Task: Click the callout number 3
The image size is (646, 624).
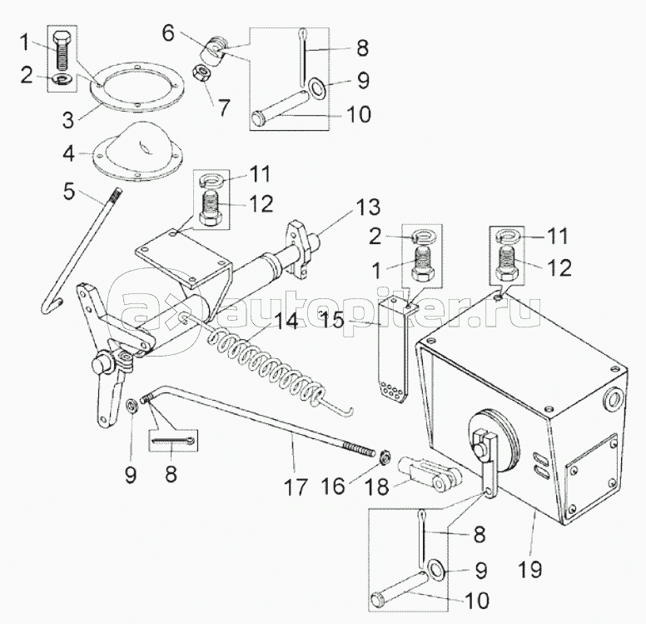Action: click(68, 120)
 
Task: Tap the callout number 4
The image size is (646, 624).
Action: click(69, 153)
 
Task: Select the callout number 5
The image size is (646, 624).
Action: click(69, 191)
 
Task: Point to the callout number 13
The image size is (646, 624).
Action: click(368, 207)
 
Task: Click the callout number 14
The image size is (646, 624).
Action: click(286, 321)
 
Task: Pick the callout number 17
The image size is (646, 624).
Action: click(296, 487)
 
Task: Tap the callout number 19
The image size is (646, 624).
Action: click(529, 570)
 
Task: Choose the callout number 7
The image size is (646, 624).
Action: click(223, 108)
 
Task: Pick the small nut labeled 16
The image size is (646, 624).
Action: click(385, 457)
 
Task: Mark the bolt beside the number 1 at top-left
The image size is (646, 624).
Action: click(62, 51)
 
